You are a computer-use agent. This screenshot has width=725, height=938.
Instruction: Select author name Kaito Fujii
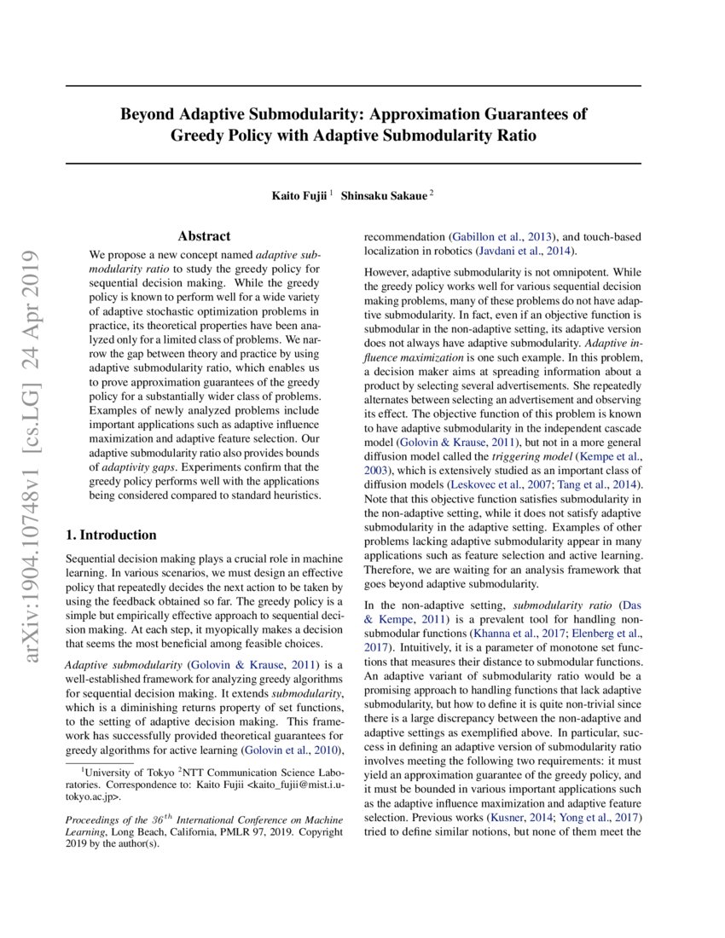[x=299, y=195]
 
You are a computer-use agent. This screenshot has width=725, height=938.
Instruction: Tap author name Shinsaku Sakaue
[x=384, y=195]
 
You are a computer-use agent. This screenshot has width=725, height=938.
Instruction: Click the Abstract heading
[x=204, y=236]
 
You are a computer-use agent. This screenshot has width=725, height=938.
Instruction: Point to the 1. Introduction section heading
[x=112, y=535]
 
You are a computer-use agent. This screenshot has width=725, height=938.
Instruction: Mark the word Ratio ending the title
[x=513, y=135]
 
